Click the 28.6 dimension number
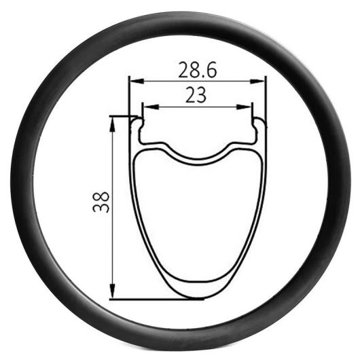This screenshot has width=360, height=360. [198, 70]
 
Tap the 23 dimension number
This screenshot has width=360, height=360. [196, 95]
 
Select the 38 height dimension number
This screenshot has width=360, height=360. [101, 202]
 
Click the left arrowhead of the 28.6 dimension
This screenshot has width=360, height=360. [137, 82]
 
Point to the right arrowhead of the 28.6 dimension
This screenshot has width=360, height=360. [257, 82]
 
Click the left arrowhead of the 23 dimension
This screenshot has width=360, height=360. [151, 107]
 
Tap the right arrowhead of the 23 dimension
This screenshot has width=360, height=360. [244, 107]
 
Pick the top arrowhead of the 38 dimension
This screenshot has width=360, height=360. [112, 124]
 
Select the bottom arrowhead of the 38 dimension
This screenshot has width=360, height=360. [112, 291]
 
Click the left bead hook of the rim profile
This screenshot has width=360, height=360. [139, 125]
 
